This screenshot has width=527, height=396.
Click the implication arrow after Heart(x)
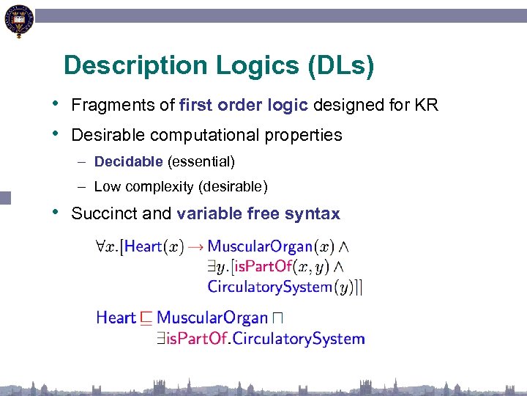coord(195,246)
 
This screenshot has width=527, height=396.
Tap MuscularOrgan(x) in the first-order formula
coord(270,246)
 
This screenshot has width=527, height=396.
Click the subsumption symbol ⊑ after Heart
coord(146,318)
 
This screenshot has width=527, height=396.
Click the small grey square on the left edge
coord(6,197)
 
